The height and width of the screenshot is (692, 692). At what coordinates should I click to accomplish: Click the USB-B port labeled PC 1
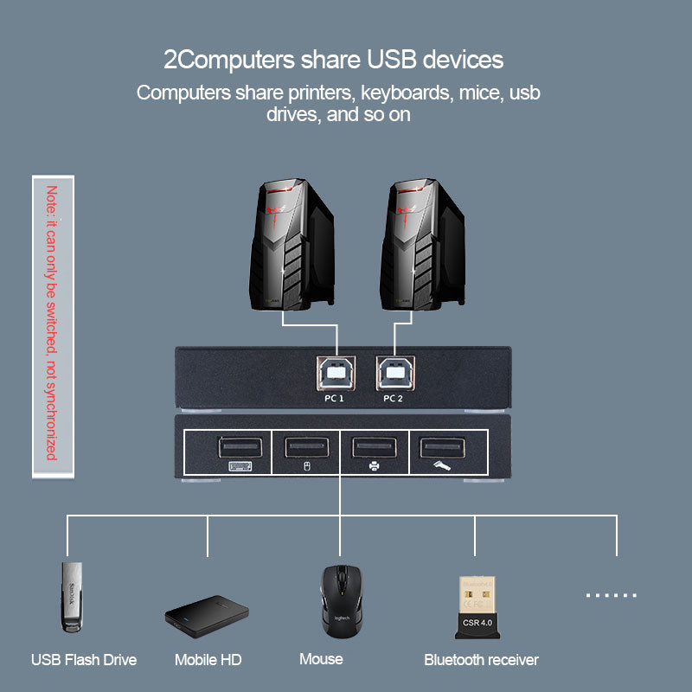point(335,374)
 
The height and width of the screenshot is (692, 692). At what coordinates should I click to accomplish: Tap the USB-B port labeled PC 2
point(394,374)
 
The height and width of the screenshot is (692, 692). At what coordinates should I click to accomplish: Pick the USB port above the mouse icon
point(306,447)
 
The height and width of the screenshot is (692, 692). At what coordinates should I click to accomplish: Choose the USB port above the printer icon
point(374,447)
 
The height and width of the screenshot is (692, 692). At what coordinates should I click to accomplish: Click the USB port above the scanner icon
point(442,447)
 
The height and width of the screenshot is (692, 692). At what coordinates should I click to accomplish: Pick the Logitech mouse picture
point(339,599)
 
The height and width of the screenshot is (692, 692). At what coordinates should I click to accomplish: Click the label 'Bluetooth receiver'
point(481,660)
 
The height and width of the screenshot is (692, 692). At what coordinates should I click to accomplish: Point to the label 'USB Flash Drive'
point(84,660)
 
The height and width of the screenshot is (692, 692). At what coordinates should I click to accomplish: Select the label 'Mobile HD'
point(208,660)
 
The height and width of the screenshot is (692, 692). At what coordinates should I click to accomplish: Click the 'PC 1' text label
point(335,399)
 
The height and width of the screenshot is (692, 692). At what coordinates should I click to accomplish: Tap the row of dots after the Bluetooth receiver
point(611,595)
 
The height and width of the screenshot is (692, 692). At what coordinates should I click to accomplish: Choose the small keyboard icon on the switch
point(240,467)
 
